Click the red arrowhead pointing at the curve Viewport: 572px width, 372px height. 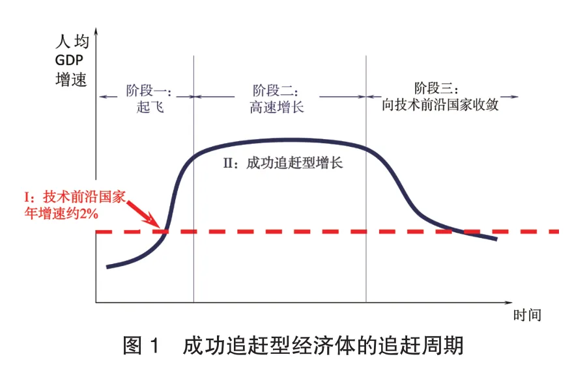point(156,224)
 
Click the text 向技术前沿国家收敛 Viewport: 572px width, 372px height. point(440,104)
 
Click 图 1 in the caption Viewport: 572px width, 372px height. point(141,345)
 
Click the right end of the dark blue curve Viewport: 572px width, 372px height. point(495,239)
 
